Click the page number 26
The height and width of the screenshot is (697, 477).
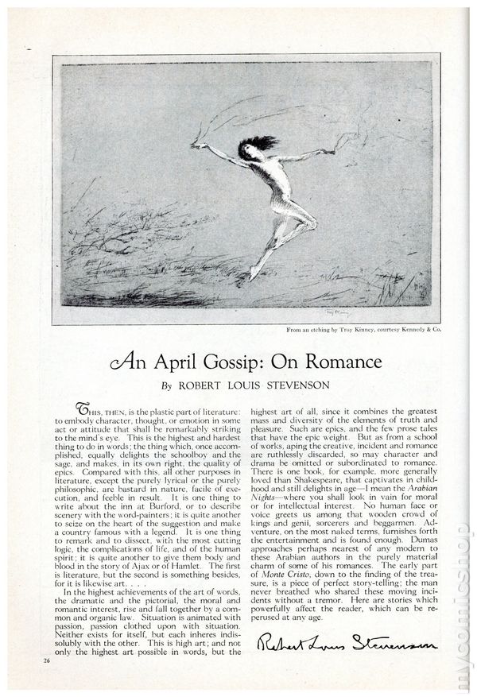click(47, 659)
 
